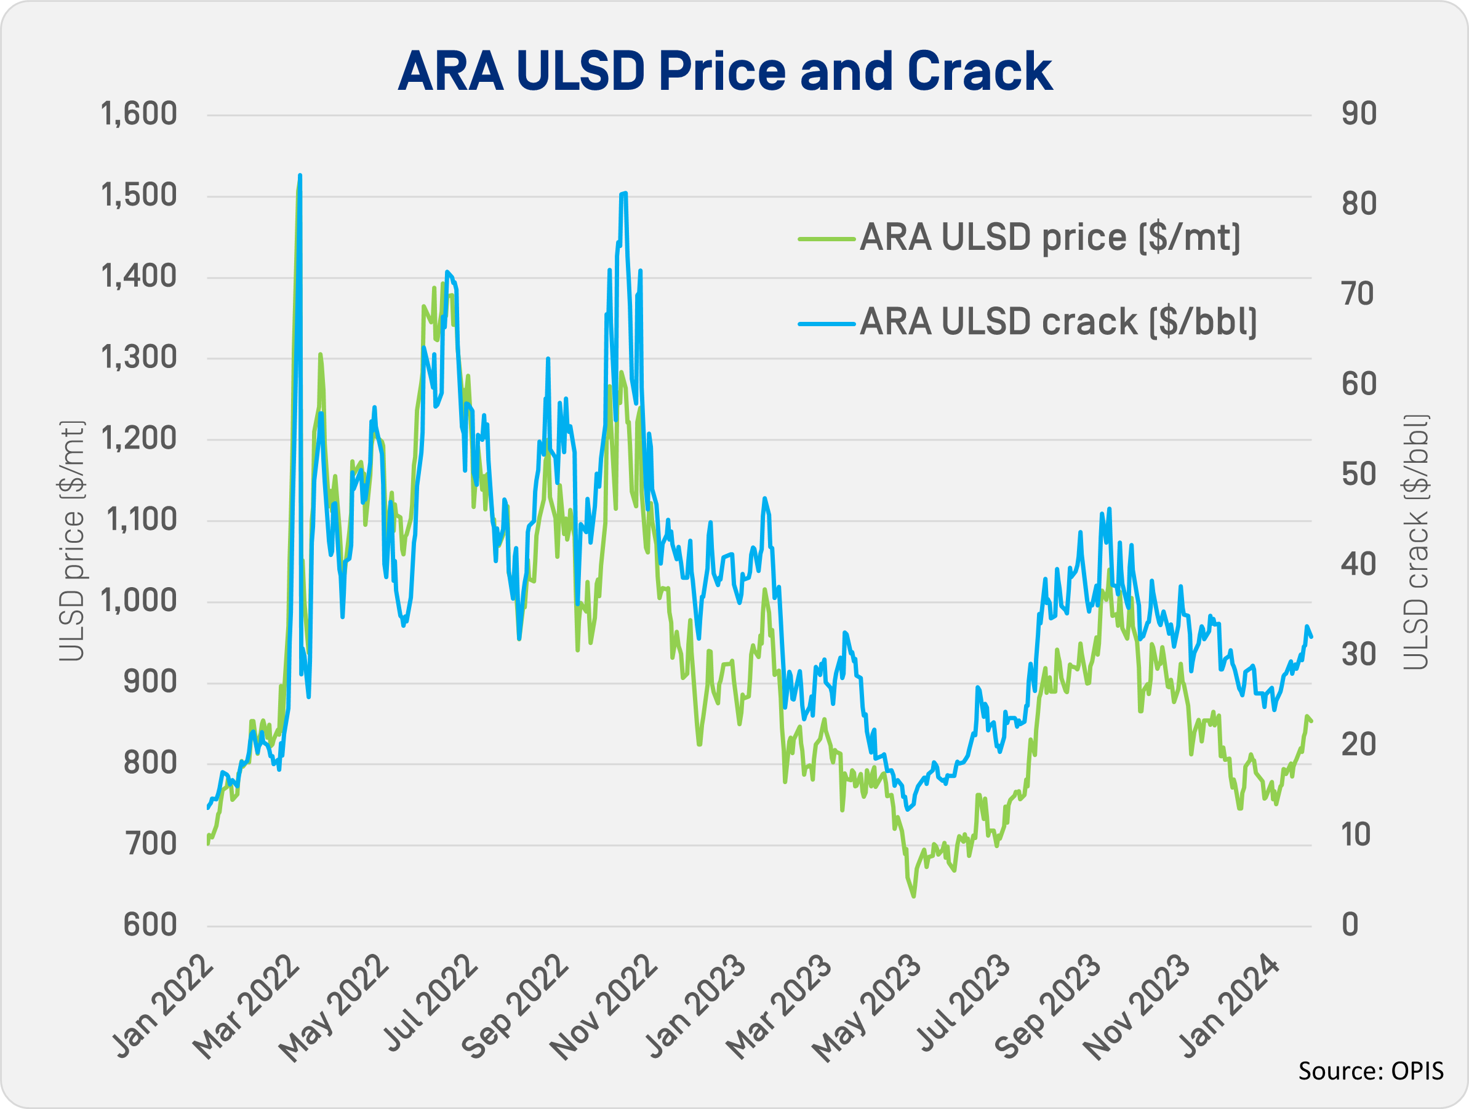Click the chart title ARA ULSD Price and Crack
724,71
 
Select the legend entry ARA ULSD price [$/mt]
1049,238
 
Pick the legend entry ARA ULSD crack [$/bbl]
1058,322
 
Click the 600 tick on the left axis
150,926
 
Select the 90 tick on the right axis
1359,114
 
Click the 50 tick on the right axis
1359,475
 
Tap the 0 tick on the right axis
1350,926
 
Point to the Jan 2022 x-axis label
162,1006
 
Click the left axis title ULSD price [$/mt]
72,541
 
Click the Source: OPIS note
1370,1071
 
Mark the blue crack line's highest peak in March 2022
300,175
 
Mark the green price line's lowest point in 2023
914,897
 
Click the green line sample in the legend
826,238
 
